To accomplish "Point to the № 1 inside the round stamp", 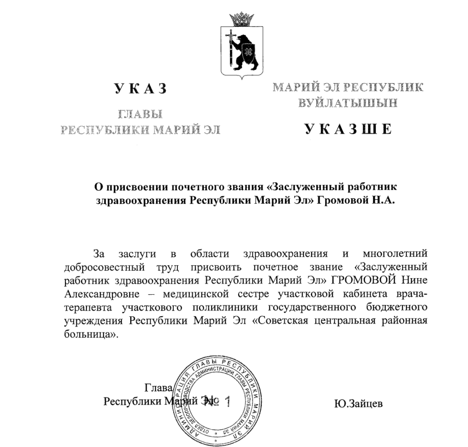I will pos(220,402).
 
